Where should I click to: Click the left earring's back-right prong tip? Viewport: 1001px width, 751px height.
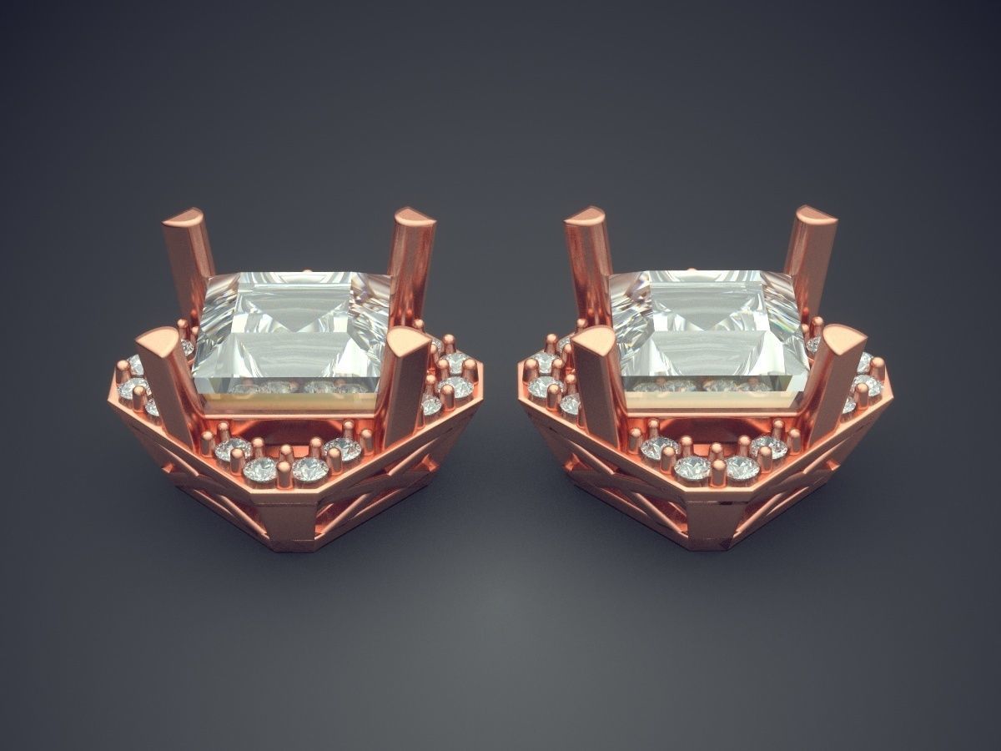pos(415,219)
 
